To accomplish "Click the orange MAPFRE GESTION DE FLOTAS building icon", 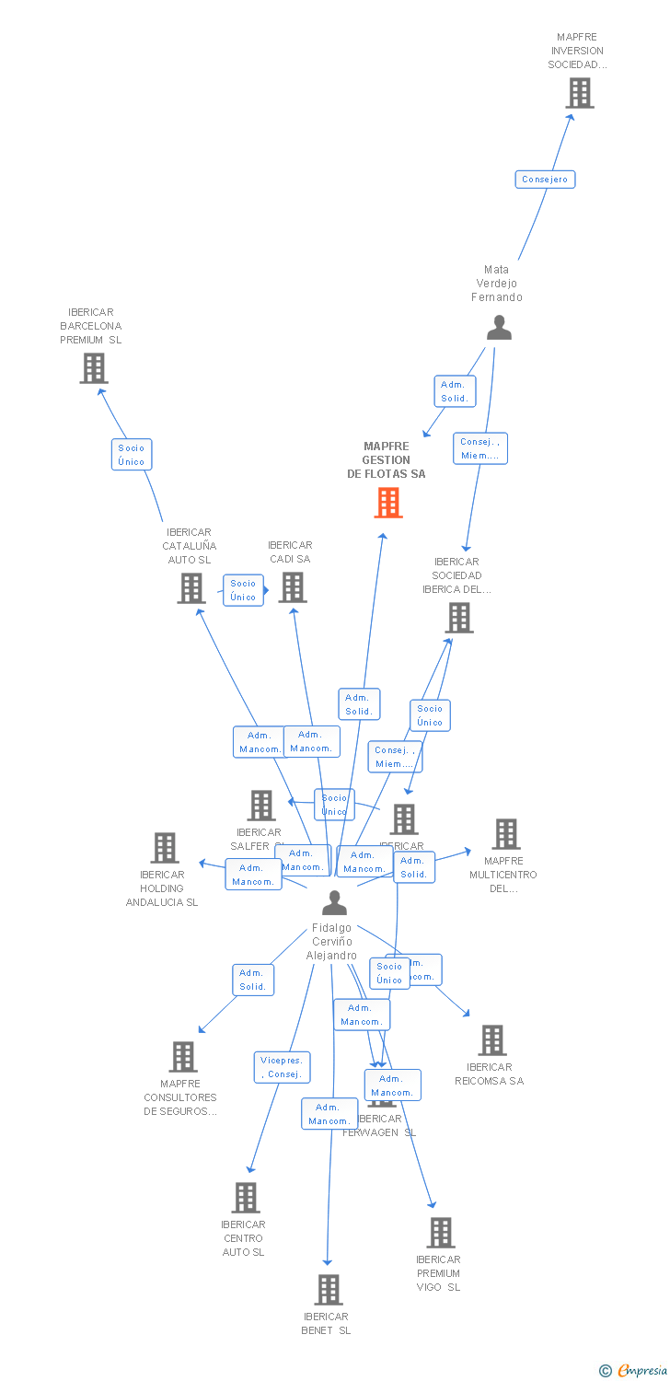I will pos(388,503).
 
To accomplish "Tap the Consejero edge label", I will pos(545,180).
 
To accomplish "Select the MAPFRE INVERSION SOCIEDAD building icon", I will pos(579,93).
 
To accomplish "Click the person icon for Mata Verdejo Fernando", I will pos(499,328).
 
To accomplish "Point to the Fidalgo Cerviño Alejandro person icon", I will pos(334,903).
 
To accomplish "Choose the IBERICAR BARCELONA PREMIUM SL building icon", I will pos(93,368).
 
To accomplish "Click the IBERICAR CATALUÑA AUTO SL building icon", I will pos(191,587).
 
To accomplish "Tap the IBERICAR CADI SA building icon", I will pos(293,586).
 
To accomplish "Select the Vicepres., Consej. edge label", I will pos(282,1067).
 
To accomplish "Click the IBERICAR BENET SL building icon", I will pos(329,1290).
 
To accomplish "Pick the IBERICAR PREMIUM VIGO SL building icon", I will pos(441,1232).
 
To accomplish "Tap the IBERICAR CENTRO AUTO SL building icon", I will pos(245,1198).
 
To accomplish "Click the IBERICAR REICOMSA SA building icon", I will pos(492,1040).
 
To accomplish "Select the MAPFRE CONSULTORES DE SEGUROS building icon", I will pos(183,1057).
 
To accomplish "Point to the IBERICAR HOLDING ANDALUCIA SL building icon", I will pos(164,848).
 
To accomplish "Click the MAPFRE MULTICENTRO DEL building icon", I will pos(505,834).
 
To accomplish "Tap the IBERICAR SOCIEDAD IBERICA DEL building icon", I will pos(459,618).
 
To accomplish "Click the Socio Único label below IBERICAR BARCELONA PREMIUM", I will pos(131,455).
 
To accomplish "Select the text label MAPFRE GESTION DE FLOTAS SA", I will pos(387,460).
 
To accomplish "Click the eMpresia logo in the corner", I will pos(634,1371).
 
